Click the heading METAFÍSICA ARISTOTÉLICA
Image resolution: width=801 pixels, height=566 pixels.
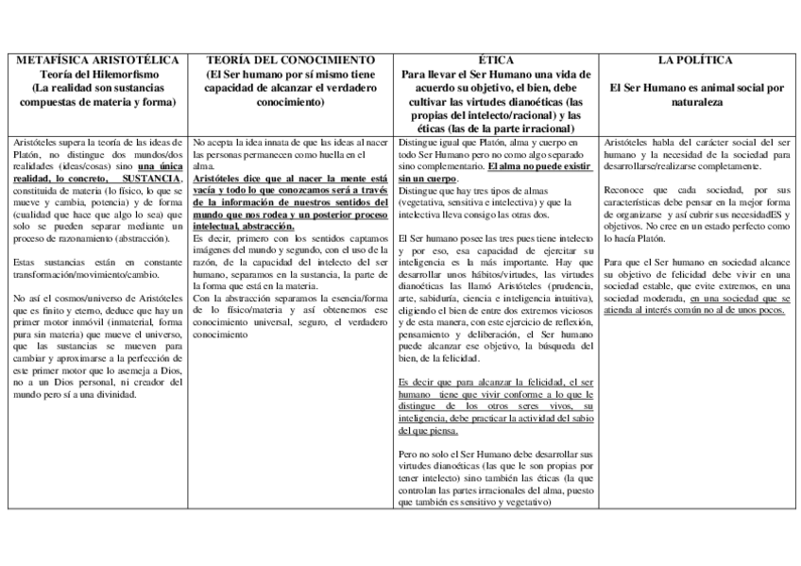coord(99,60)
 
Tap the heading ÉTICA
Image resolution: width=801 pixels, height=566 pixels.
coord(496,60)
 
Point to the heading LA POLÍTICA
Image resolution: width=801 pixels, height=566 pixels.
coord(696,60)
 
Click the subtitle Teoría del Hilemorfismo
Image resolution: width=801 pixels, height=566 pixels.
coord(99,74)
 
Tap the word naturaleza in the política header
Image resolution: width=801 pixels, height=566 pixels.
coord(696,101)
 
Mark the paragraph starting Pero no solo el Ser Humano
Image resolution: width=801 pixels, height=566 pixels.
coord(496,478)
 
